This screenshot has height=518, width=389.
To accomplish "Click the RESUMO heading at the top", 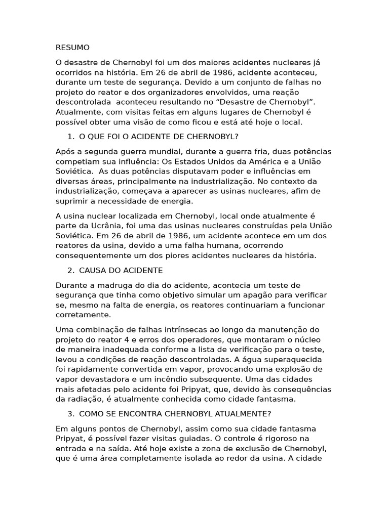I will (72, 48).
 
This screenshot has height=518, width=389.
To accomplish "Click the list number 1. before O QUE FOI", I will (70, 137).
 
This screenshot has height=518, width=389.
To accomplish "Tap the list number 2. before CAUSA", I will (70, 270).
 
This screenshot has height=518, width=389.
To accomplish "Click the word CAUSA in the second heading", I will (92, 270).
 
